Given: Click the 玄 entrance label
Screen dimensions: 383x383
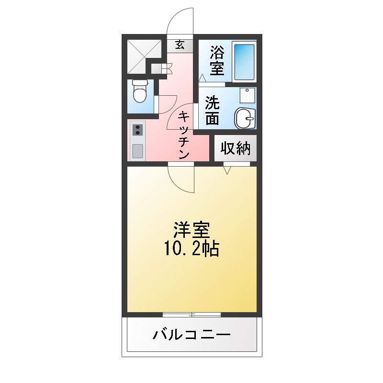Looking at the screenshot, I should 180,45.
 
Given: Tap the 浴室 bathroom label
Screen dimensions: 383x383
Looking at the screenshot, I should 216,60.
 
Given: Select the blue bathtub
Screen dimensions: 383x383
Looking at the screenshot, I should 244,61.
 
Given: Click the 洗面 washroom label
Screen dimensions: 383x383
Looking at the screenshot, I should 212,111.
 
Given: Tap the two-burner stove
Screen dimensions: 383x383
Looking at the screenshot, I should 138,129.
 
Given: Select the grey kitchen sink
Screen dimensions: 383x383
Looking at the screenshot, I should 138,151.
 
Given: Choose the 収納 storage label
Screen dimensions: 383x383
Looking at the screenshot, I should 235,148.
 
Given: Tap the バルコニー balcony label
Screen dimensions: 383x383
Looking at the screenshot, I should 191,334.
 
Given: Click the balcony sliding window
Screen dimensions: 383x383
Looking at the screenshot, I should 191,315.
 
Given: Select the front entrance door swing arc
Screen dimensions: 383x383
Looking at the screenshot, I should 180,22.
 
